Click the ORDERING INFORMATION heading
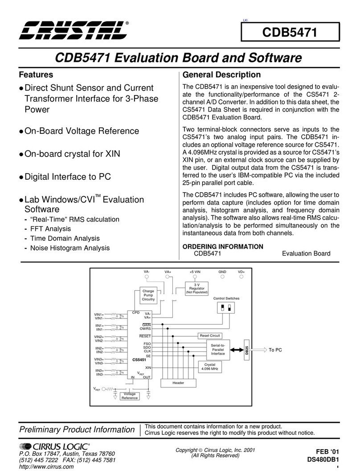pyautogui.click(x=223, y=247)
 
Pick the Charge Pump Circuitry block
pyautogui.click(x=148, y=296)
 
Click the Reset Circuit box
pyautogui.click(x=209, y=335)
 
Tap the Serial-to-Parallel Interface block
pyautogui.click(x=218, y=350)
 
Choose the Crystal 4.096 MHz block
pyautogui.click(x=209, y=366)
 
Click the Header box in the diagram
pyautogui.click(x=178, y=383)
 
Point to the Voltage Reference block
pyautogui.click(x=130, y=396)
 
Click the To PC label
pyautogui.click(x=275, y=350)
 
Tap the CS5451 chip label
pyautogui.click(x=139, y=359)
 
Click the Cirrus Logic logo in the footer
pyautogui.click(x=55, y=446)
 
